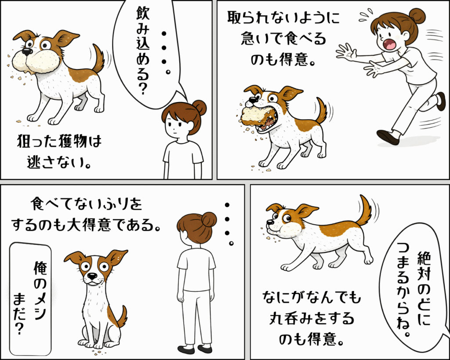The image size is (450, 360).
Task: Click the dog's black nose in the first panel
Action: [x=27, y=52]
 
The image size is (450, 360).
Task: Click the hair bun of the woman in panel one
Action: [x=199, y=108]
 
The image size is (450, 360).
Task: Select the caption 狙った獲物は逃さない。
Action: [x=59, y=152]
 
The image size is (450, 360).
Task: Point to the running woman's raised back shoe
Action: [x=440, y=102]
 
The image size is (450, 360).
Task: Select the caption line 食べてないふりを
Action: [x=86, y=204]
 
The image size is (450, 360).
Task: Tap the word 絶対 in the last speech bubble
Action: [x=424, y=265]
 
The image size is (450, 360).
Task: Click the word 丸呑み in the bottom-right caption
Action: [x=290, y=319]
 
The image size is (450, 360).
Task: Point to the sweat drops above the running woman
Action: [x=366, y=15]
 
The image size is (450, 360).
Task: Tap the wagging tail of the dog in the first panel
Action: [x=99, y=58]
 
